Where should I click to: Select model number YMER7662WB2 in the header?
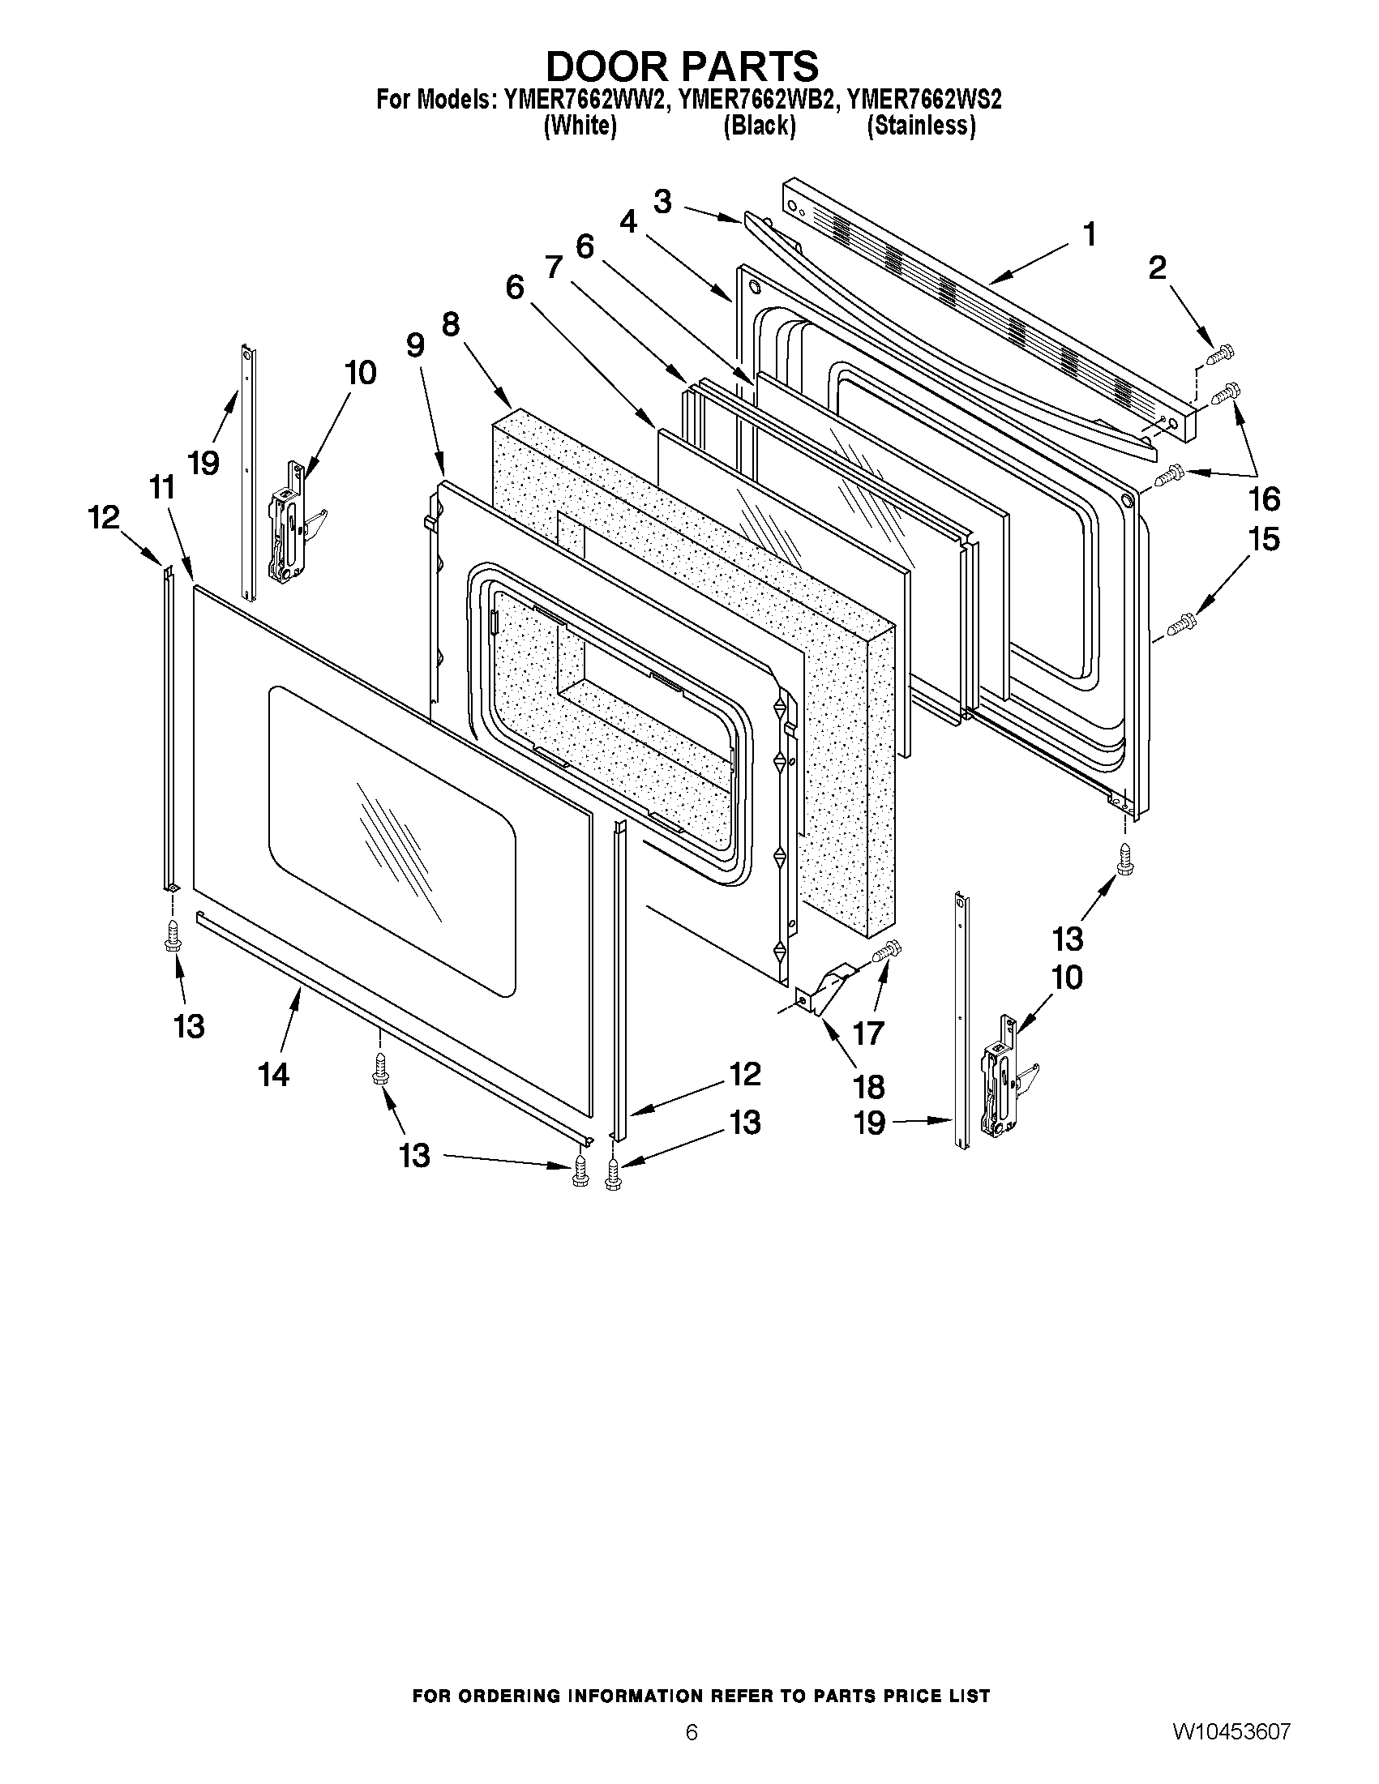click(x=757, y=101)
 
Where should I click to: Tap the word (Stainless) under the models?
click(x=921, y=126)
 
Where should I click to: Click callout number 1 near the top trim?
click(x=1089, y=235)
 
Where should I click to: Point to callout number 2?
click(x=1158, y=268)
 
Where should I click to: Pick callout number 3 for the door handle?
click(x=663, y=202)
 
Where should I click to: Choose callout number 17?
click(x=868, y=1033)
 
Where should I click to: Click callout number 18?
click(x=868, y=1086)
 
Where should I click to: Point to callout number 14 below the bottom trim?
click(x=275, y=1075)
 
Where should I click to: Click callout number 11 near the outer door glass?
click(x=163, y=489)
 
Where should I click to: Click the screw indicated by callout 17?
click(x=887, y=951)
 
